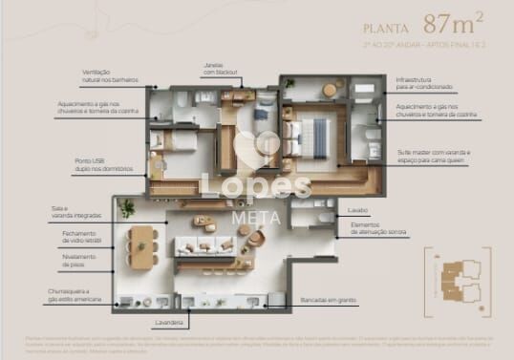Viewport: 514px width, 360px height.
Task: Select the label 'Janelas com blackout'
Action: pyautogui.click(x=214, y=69)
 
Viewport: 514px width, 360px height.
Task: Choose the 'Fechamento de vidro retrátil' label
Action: pyautogui.click(x=78, y=237)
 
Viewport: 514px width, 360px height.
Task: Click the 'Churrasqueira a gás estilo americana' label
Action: pyautogui.click(x=71, y=293)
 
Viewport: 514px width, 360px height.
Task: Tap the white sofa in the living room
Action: pyautogui.click(x=202, y=246)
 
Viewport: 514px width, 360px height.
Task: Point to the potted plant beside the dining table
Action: pyautogui.click(x=127, y=207)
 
